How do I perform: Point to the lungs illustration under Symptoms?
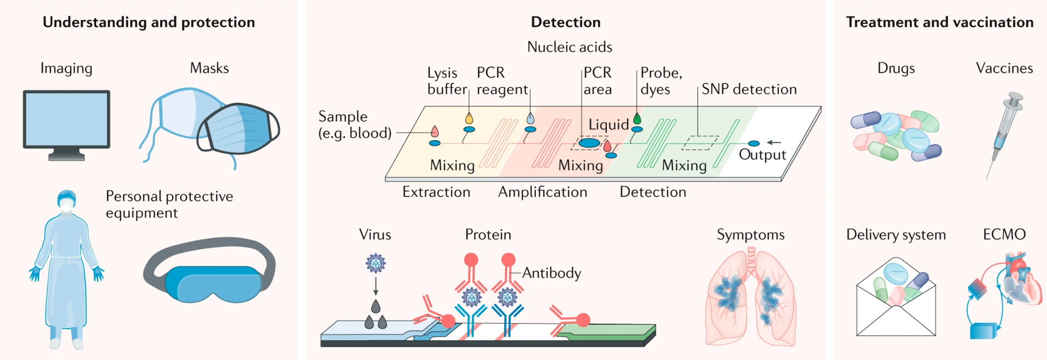751,298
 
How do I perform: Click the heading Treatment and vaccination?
940,22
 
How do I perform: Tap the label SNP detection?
749,89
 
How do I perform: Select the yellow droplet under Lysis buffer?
469,118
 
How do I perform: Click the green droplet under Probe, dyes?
637,118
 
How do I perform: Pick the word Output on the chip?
762,154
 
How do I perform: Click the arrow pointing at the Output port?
774,143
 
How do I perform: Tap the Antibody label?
552,273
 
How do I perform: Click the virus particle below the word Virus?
375,263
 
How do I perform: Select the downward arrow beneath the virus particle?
375,286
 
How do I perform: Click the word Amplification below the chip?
542,192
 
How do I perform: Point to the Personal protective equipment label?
169,204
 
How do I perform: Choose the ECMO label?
1004,234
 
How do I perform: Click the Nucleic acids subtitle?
569,47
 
